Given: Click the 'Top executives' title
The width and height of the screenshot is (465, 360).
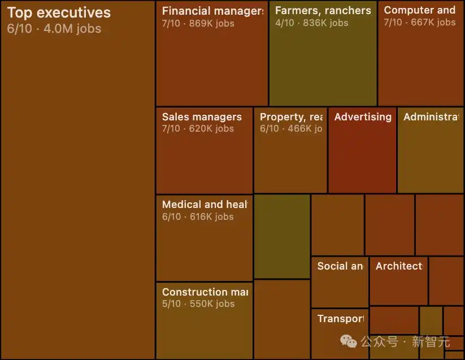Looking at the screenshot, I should (59, 13).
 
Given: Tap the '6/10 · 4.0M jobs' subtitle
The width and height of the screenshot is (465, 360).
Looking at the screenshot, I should (54, 28).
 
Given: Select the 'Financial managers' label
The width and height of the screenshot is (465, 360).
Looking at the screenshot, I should (212, 11).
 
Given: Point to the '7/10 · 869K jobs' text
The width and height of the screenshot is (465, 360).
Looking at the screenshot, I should (198, 23).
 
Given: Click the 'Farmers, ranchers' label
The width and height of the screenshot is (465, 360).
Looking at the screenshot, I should (323, 11).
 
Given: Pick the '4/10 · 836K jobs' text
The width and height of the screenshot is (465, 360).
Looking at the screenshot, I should (312, 23).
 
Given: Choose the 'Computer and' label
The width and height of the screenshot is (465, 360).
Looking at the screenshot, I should (420, 10).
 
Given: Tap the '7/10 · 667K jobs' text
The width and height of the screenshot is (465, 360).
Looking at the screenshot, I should (420, 22).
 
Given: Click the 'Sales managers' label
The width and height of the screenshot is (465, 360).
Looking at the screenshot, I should (202, 117).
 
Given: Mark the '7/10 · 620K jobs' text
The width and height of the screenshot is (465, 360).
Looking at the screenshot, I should (198, 128).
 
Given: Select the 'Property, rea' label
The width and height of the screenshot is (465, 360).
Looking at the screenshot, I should (292, 117).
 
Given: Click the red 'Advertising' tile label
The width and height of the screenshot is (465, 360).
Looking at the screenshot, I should (363, 117).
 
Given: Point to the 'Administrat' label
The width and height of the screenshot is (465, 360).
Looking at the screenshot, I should (431, 117).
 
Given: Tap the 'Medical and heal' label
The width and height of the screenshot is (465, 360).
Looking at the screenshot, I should (205, 205).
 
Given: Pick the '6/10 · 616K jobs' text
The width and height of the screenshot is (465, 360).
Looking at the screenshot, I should (198, 216).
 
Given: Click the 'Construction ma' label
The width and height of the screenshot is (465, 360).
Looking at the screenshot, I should (205, 292).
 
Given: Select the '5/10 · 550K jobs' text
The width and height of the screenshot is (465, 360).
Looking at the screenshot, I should (198, 303).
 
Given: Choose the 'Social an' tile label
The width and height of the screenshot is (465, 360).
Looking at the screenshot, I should (340, 266).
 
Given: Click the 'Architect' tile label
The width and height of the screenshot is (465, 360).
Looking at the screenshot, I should (399, 266).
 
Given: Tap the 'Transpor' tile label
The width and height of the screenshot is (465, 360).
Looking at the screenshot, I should (340, 319).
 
